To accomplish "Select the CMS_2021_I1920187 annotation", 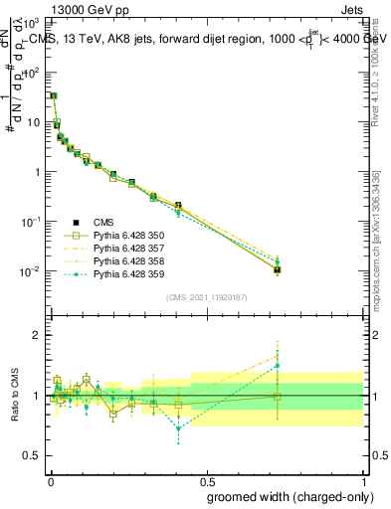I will click(x=207, y=297).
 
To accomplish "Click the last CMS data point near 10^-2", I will click(x=277, y=269).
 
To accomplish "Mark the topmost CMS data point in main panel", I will click(x=53, y=95).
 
